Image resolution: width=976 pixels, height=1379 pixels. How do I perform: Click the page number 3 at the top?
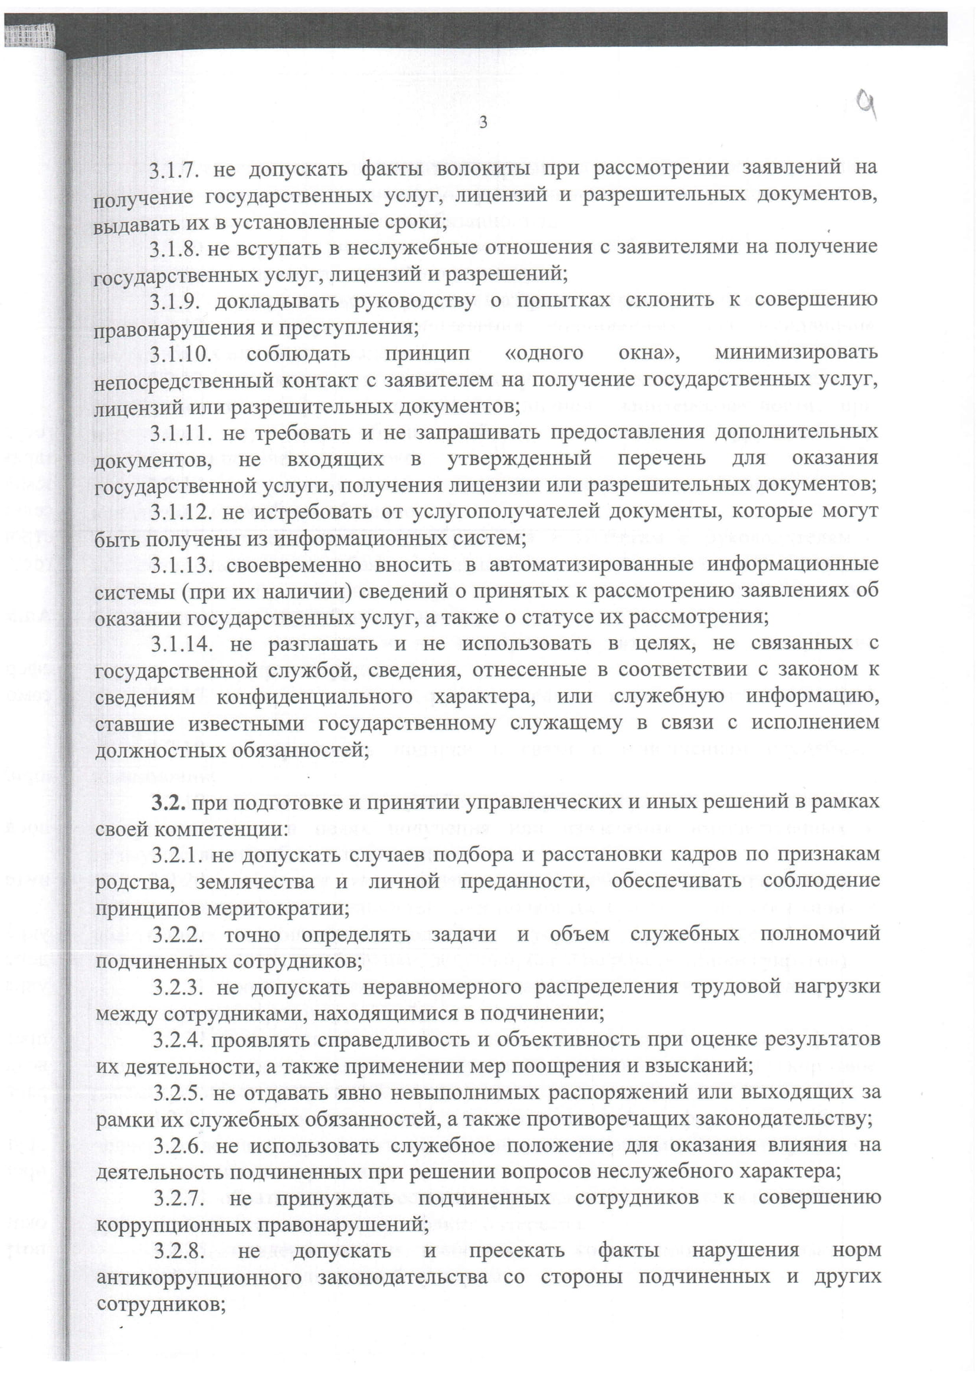pyautogui.click(x=483, y=123)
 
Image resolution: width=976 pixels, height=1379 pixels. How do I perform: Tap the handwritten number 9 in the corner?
pyautogui.click(x=866, y=106)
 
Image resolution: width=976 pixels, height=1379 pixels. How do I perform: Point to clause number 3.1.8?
pyautogui.click(x=173, y=249)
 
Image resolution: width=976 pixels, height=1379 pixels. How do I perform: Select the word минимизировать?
pyautogui.click(x=796, y=353)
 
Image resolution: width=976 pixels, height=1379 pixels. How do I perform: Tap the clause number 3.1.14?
pyautogui.click(x=182, y=644)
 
